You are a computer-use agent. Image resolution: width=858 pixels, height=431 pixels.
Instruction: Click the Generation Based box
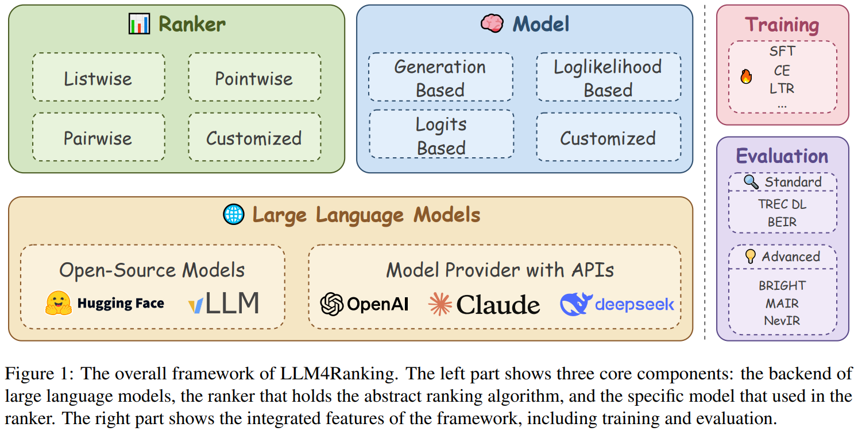coord(440,77)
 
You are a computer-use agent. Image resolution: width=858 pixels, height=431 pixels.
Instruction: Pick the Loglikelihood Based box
coord(608,77)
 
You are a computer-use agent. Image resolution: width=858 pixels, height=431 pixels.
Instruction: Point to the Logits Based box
coord(440,135)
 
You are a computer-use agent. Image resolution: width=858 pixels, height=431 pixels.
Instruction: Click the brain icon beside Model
coord(492,24)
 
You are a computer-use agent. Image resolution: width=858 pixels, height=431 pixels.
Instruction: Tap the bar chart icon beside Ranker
coord(139,24)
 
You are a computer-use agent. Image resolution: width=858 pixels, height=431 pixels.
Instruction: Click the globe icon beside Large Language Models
coord(234,214)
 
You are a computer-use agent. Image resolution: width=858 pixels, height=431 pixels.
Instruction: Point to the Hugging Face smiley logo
coord(58,303)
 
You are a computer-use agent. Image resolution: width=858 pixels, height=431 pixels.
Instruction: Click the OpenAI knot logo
coord(332,304)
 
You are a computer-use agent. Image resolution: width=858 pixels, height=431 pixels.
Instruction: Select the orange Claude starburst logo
coord(440,304)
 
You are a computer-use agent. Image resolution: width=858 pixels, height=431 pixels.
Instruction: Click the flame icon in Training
coord(746,76)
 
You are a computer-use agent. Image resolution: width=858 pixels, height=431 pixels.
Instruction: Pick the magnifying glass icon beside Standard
coord(751,182)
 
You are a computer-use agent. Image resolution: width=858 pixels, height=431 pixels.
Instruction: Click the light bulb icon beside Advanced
coord(750,256)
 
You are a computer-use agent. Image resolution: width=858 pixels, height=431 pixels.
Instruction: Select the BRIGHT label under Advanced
coord(782,285)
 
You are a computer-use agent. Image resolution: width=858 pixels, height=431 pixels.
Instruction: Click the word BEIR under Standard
coord(782,221)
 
